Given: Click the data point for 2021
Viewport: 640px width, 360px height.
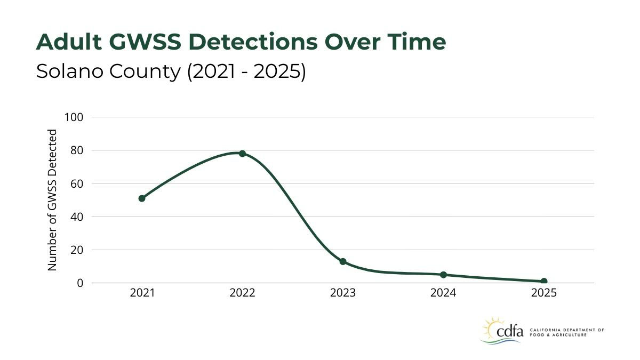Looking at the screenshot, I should pos(142,198).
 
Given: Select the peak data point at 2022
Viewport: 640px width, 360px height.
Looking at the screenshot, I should pos(242,154).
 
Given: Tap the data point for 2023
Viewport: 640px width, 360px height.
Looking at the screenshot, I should pos(343,261).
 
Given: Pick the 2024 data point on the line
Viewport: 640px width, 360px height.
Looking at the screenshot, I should pos(443,275).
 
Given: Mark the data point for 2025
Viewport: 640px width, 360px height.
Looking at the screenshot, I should pos(544,281).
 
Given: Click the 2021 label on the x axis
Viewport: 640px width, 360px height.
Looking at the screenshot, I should pos(142,293).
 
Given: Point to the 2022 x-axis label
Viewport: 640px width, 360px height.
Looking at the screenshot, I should pos(242,293).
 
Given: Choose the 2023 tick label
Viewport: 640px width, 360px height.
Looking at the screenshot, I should pos(343,293).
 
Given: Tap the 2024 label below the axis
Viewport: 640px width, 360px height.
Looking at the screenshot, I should pos(443,293).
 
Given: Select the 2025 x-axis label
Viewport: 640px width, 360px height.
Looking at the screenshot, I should pos(544,293).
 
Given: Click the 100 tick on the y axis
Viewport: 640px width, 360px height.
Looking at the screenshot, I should pos(74,117).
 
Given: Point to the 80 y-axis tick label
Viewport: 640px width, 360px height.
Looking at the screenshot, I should pos(76,150).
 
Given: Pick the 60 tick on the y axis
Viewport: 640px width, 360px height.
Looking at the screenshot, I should pos(76,183).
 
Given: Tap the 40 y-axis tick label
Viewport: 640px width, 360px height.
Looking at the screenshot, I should pos(76,217).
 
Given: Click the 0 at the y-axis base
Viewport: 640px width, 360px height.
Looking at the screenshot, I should pos(80,283).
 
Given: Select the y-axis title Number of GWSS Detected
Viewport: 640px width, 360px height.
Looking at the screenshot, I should pos(52,200).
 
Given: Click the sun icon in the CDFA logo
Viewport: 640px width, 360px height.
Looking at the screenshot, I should pos(492,326).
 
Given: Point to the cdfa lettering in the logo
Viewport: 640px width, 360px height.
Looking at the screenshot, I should pos(510,332).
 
